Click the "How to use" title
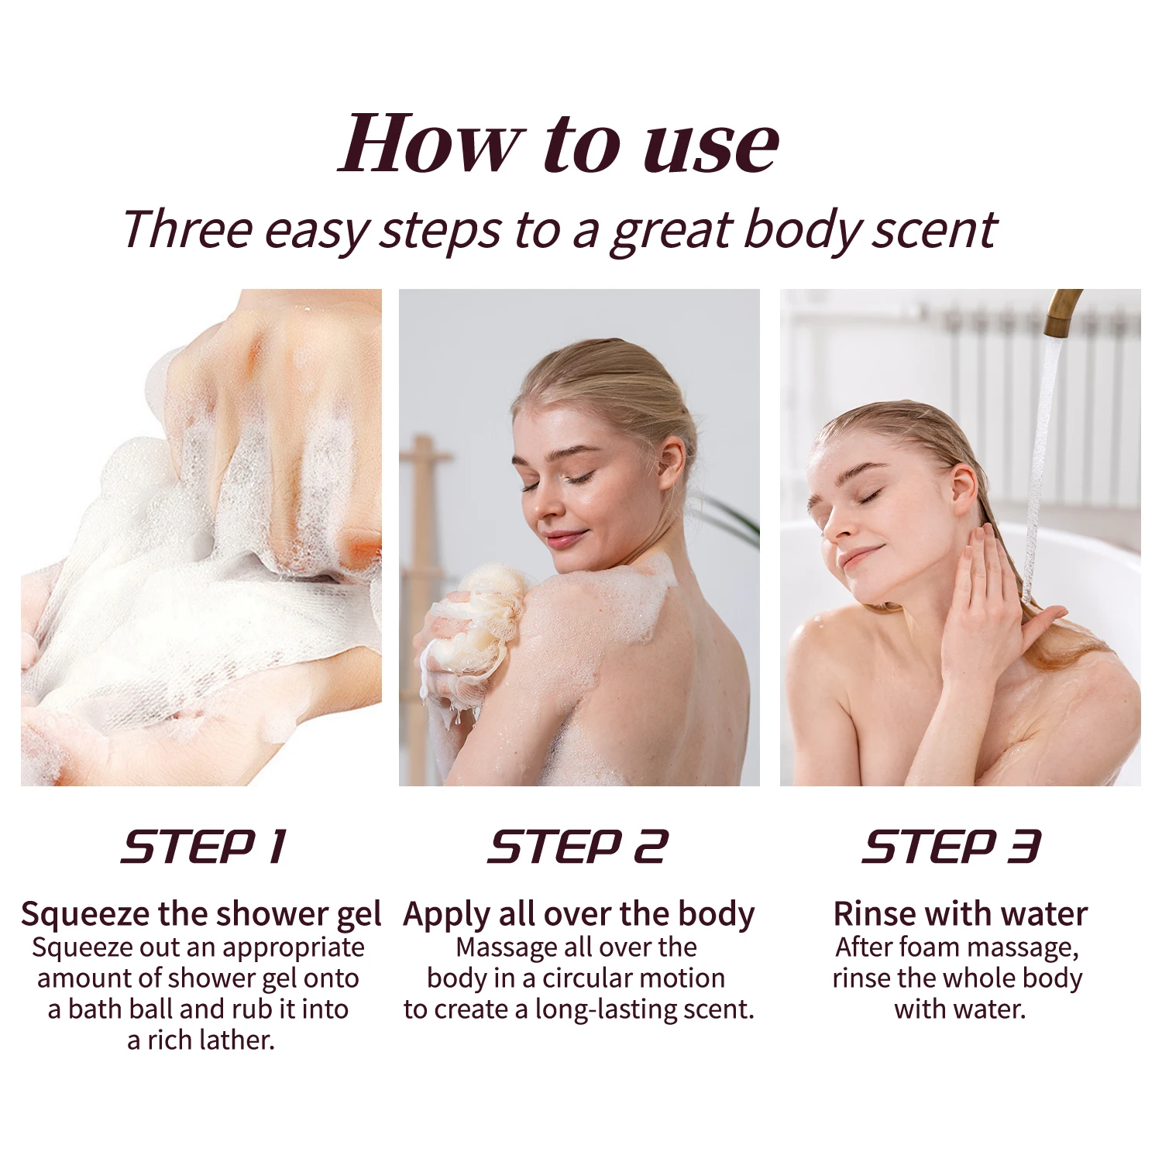559,143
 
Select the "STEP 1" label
205,846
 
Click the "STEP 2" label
578,846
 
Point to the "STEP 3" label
952,846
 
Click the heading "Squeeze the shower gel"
201,915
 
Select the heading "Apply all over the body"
579,915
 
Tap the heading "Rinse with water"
960,914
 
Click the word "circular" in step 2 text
591,978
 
